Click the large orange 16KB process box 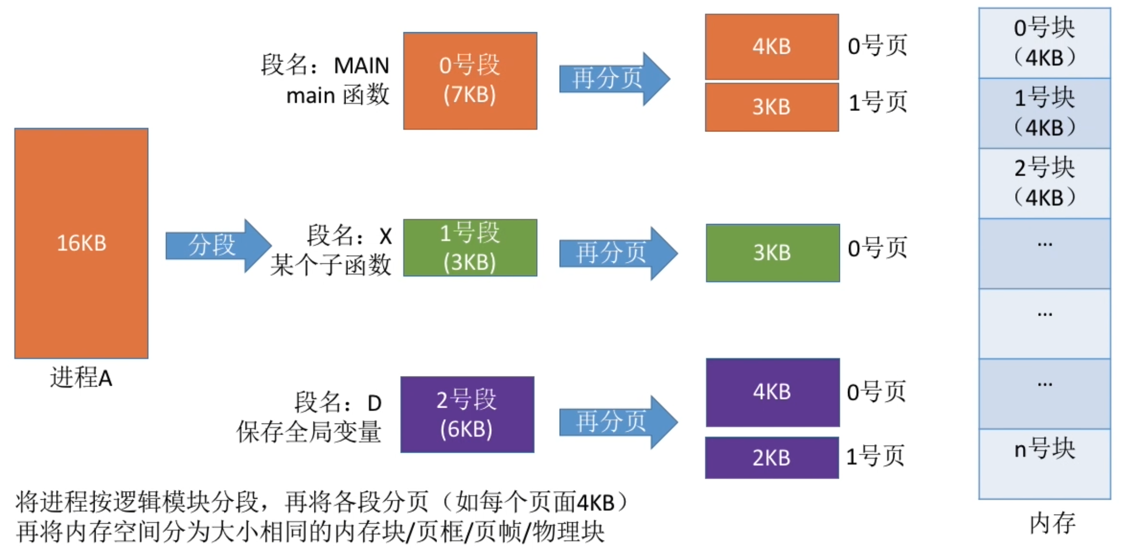tap(81, 243)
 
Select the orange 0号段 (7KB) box tap(470, 81)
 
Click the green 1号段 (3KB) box tap(470, 248)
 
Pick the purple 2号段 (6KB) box tap(467, 414)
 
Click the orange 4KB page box tap(771, 47)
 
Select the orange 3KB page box tap(771, 107)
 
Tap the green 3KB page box tap(772, 253)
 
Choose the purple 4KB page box tap(772, 392)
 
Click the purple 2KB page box tap(771, 458)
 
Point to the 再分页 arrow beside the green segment tap(616, 253)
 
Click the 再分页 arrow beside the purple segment tap(616, 422)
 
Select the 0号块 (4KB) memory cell tap(1044, 43)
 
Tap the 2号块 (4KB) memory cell tap(1044, 183)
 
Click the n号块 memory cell tap(1044, 463)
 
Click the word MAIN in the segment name tap(361, 66)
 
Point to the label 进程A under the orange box tap(81, 378)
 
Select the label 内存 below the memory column tap(1052, 523)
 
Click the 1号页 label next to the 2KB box tap(875, 456)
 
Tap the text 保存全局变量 tap(309, 432)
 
